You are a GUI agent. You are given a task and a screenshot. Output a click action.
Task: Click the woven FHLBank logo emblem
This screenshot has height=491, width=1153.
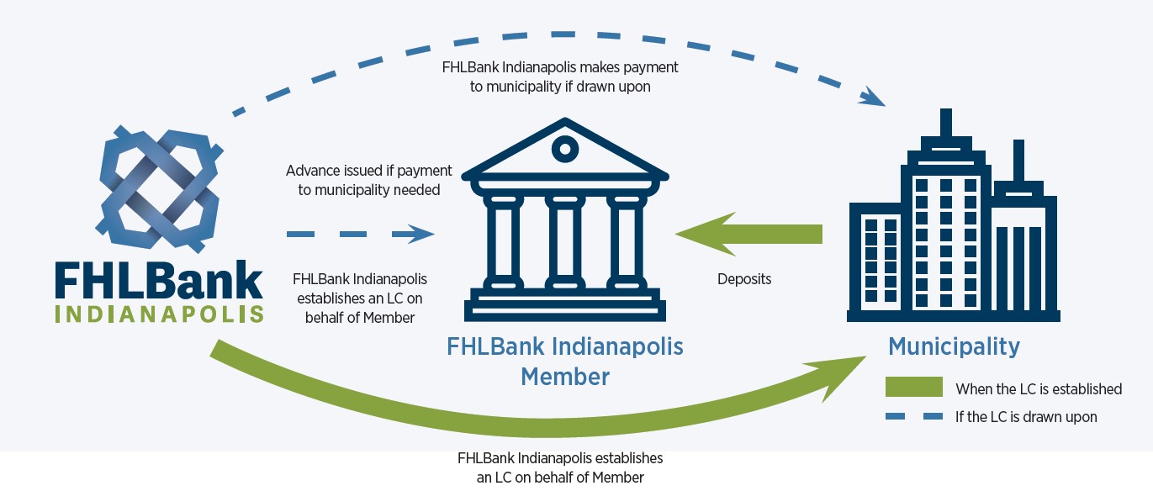(160, 190)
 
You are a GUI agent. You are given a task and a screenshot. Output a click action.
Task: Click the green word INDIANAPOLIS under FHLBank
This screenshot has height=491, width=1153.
(159, 314)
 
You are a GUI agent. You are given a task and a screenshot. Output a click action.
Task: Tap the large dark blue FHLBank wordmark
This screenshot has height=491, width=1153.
(159, 281)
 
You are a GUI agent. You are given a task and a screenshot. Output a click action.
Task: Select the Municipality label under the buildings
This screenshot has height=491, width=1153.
(954, 346)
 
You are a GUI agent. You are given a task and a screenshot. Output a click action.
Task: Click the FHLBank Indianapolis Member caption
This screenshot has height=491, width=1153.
(565, 361)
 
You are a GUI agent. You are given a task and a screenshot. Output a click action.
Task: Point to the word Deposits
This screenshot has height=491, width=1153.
(744, 279)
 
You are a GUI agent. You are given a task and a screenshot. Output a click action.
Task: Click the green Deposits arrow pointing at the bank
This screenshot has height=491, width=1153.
(748, 235)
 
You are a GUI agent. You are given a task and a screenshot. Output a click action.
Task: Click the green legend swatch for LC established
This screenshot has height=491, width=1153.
(913, 387)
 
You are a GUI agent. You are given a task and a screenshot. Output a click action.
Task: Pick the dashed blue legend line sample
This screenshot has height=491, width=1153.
(913, 416)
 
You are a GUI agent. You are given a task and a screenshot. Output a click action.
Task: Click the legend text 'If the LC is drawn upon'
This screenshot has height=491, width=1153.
(1026, 416)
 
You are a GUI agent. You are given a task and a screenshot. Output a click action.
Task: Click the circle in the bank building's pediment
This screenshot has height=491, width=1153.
(565, 150)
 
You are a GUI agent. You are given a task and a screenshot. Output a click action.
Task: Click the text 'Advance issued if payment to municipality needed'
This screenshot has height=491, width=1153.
(369, 180)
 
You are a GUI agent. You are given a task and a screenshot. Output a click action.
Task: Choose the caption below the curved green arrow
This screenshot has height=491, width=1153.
(560, 467)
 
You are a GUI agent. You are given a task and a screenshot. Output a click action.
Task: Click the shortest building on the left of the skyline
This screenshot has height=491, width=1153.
(880, 260)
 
